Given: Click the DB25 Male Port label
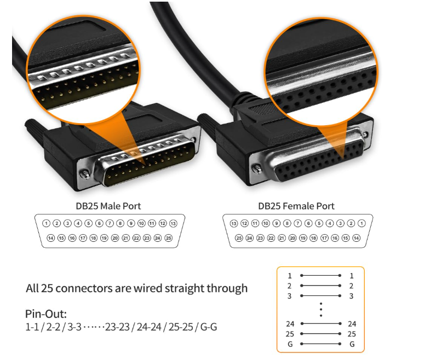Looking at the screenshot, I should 108,206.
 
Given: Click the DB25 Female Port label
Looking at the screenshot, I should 296,206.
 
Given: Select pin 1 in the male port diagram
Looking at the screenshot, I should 47,223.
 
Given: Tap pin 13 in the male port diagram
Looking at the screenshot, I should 173,223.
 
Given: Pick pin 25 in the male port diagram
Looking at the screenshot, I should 168,238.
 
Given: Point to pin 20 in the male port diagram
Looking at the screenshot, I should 115,238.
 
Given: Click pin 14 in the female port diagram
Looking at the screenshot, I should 356,238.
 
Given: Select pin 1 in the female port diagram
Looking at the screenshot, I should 361,223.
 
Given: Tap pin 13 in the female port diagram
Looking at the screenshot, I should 234,223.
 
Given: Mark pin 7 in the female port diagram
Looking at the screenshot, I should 297,223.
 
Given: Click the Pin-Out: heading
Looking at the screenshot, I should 46,315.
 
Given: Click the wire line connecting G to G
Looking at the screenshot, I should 320,344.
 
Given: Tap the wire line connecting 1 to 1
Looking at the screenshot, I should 320,276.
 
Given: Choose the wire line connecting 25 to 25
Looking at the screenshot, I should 320,334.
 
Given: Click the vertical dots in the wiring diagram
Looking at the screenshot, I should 321,309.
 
